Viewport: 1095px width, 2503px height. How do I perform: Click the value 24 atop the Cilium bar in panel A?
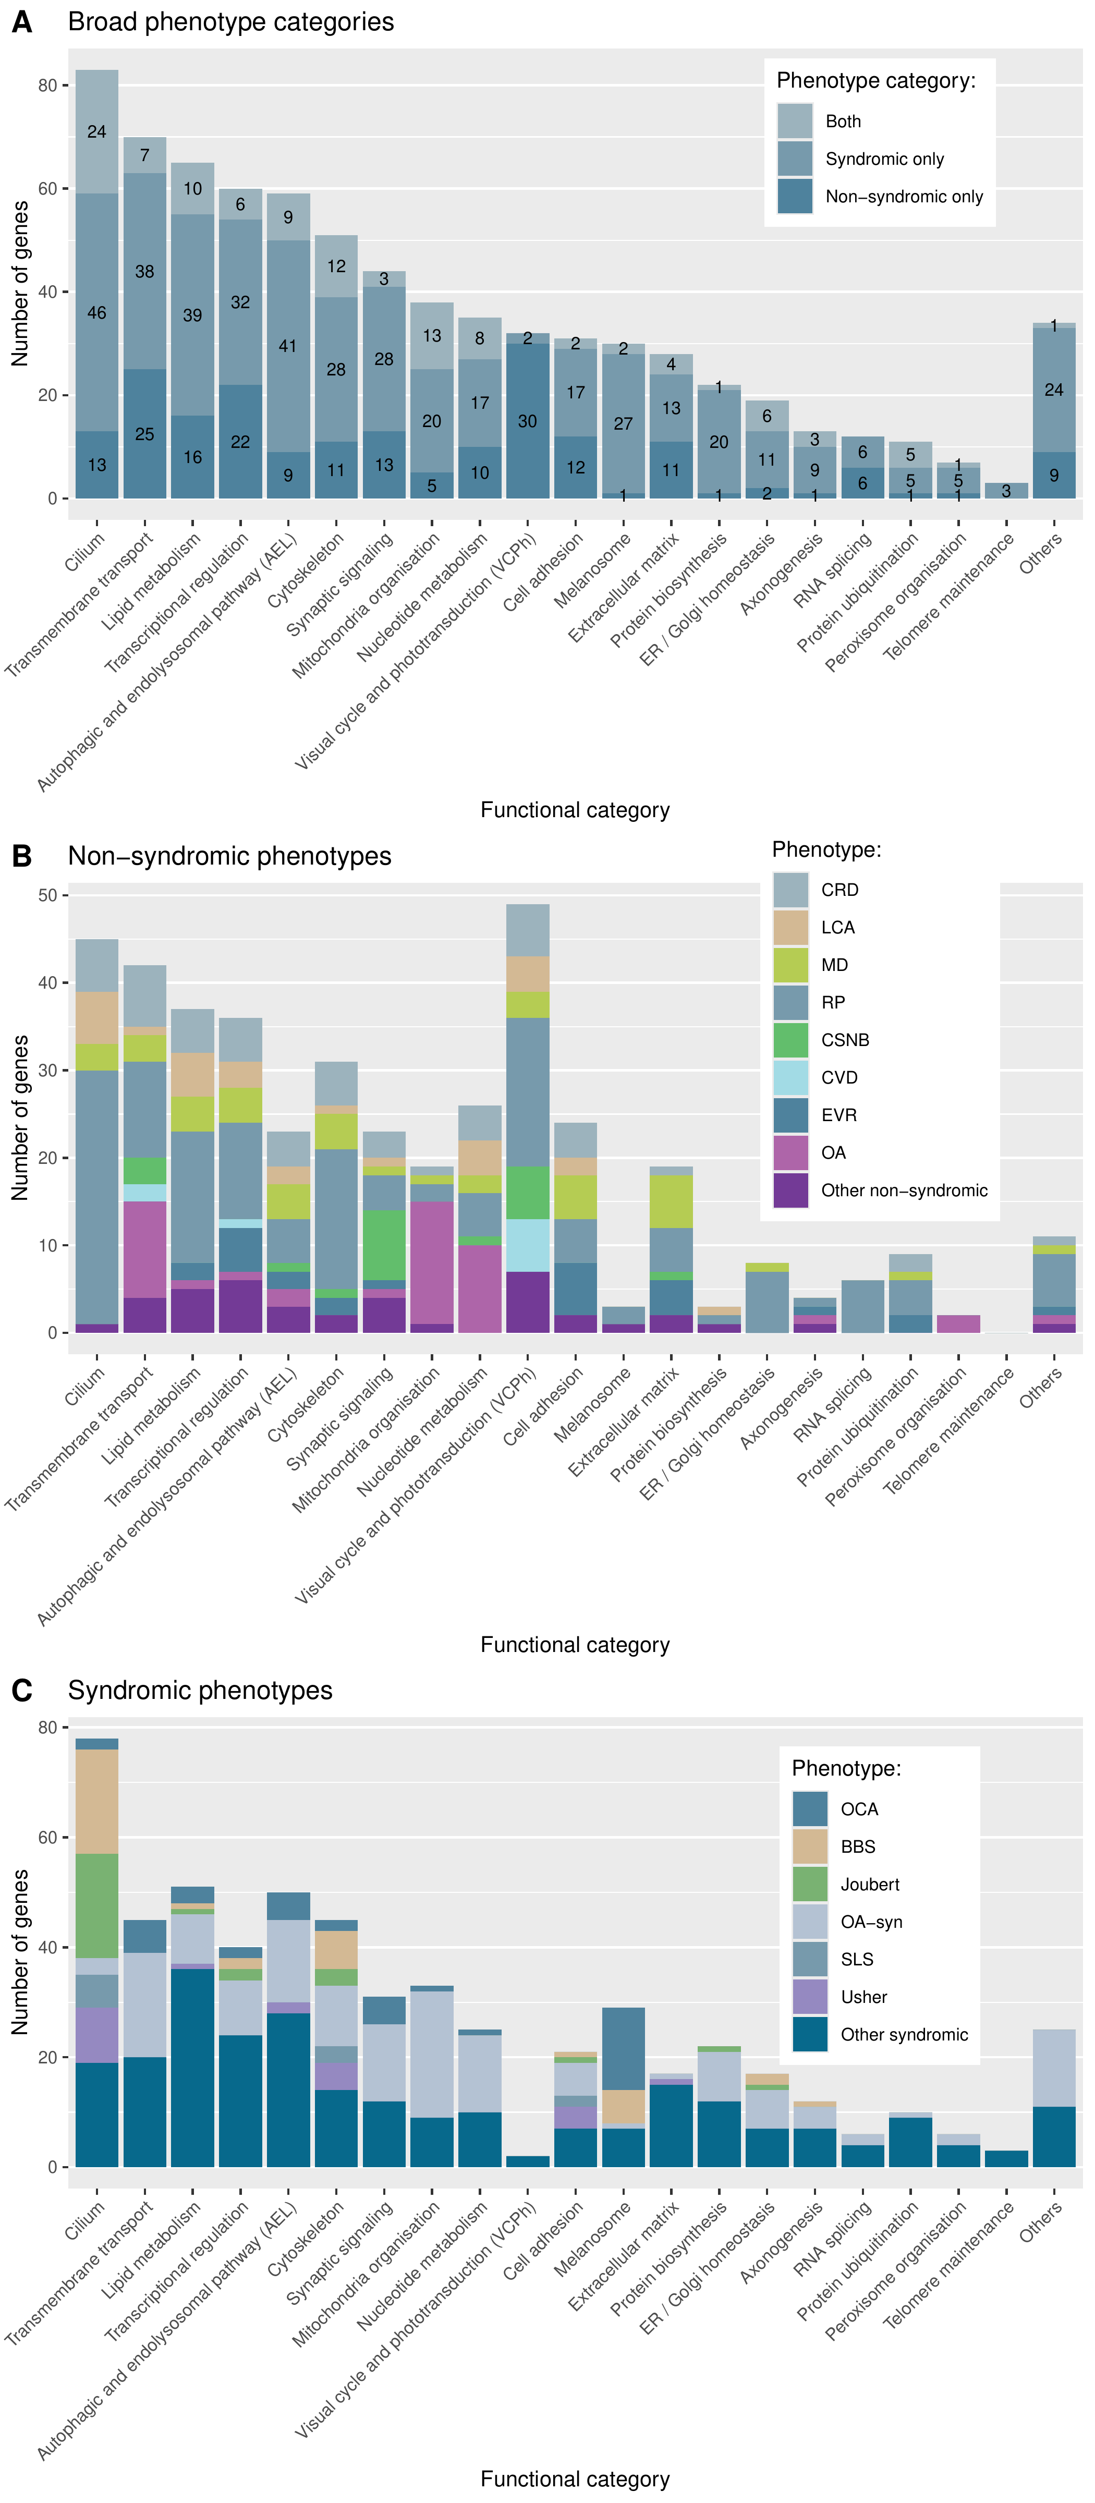tap(96, 131)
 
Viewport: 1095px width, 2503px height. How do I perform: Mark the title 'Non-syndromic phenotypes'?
tap(229, 856)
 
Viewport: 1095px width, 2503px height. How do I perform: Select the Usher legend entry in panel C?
tap(864, 1997)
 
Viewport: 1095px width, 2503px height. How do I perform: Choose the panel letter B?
tap(21, 856)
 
